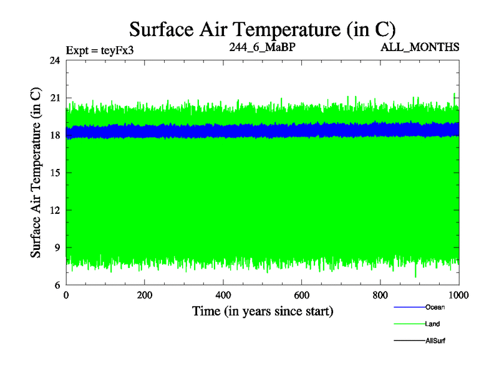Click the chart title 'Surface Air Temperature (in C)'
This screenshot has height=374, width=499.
(x=262, y=29)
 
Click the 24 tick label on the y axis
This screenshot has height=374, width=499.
(x=55, y=60)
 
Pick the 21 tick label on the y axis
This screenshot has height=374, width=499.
(x=55, y=98)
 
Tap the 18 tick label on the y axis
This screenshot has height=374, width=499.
(x=55, y=135)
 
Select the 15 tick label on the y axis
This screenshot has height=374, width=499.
(x=55, y=173)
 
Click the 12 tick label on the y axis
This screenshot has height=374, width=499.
(x=55, y=210)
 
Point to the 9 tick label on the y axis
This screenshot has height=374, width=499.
(x=57, y=247)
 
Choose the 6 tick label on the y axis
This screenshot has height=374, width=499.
(x=57, y=285)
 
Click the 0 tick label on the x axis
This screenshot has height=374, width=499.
(x=66, y=296)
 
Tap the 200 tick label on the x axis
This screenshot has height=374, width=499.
(x=145, y=296)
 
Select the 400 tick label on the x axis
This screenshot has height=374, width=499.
(x=223, y=296)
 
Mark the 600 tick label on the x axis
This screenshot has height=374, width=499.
(x=302, y=296)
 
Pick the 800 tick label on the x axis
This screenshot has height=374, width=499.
(x=380, y=296)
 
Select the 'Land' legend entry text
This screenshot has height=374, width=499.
(x=432, y=324)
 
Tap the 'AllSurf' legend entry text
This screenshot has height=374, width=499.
(x=435, y=341)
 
